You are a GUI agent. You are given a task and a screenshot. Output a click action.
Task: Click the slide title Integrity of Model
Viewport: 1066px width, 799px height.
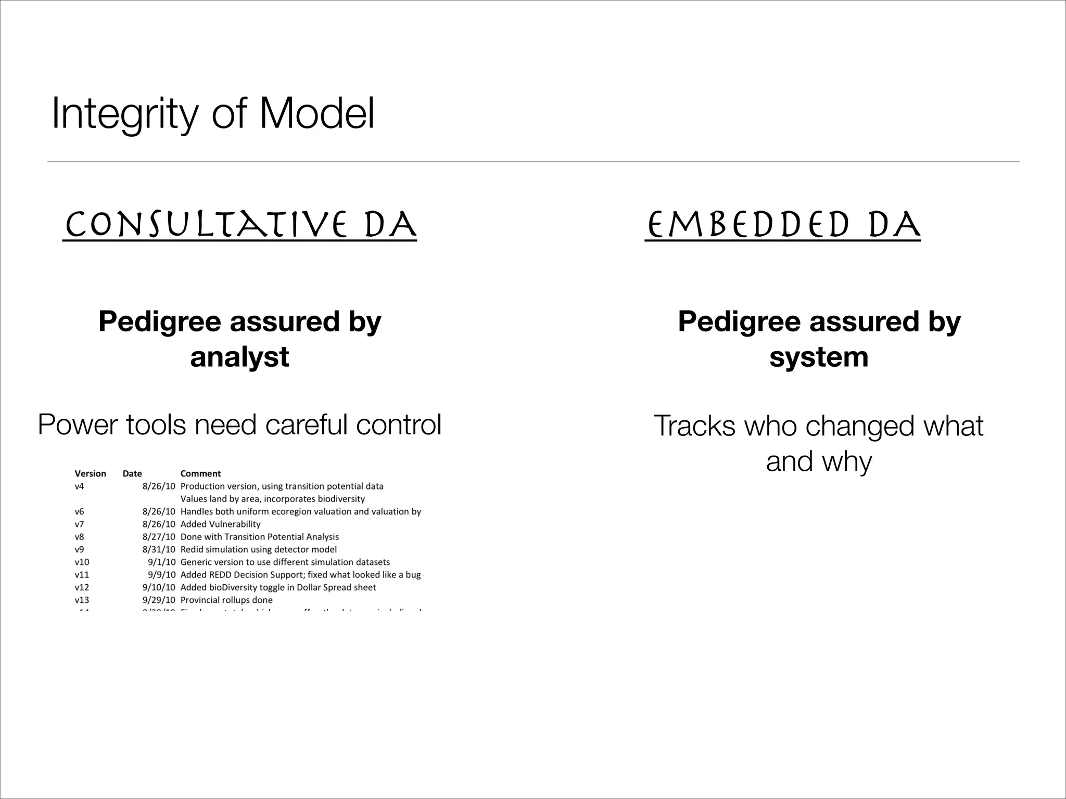[x=213, y=114]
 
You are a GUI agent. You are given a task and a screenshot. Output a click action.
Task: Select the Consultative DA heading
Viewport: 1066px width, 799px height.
[x=240, y=225]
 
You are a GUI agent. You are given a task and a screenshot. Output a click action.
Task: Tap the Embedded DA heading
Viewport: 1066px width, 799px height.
[x=782, y=225]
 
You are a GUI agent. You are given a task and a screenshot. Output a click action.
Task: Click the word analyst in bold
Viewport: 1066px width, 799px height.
[x=239, y=357]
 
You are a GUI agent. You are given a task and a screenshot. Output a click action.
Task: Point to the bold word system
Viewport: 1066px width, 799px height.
[x=819, y=357]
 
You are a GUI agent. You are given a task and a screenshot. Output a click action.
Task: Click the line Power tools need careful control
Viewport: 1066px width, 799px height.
[x=239, y=424]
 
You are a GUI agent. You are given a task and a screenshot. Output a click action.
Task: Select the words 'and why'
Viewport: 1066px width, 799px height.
[x=819, y=461]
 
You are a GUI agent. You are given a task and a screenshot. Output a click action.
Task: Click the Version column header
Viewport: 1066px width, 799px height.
[x=90, y=473]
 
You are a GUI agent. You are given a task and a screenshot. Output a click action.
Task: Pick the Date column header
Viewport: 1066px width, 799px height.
[x=132, y=473]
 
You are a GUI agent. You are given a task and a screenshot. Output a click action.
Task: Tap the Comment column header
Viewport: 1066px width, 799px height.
[x=200, y=473]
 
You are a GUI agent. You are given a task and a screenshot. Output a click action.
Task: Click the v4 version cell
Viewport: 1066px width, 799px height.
[x=79, y=486]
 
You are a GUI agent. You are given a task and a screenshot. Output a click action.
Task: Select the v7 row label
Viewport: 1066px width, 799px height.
[x=79, y=524]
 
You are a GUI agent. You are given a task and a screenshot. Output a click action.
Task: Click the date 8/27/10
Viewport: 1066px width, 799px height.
[x=159, y=537]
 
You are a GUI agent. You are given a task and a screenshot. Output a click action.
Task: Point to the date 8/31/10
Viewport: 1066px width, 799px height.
[x=159, y=549]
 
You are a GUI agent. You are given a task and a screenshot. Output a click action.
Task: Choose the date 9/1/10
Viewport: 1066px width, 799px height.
[x=161, y=562]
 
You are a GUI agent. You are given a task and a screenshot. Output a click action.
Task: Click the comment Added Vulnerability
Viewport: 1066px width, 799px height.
[x=220, y=524]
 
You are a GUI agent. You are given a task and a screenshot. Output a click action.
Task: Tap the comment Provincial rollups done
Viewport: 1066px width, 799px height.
[x=226, y=600]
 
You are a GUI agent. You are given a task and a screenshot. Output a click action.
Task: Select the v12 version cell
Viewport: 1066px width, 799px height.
[x=82, y=587]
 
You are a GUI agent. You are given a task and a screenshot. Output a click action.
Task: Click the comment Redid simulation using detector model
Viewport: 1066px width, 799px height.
[x=258, y=549]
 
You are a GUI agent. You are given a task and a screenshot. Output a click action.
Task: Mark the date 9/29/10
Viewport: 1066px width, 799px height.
[x=159, y=600]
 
